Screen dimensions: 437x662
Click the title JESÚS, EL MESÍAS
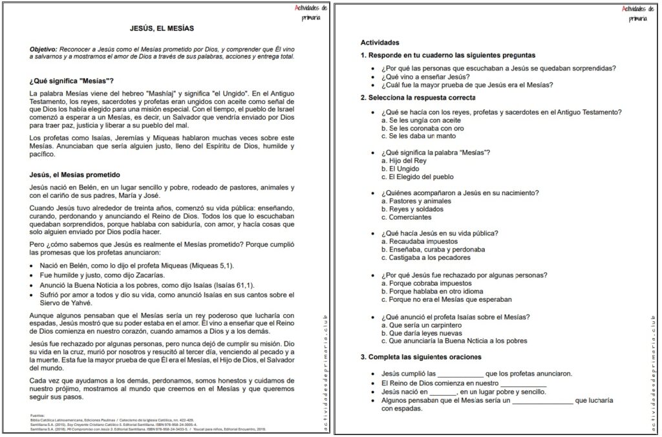162,28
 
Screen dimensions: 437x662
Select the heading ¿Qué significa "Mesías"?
72,81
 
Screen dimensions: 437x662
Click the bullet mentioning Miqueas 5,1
136,266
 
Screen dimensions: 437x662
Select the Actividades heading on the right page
380,43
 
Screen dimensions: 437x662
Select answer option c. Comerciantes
408,218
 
